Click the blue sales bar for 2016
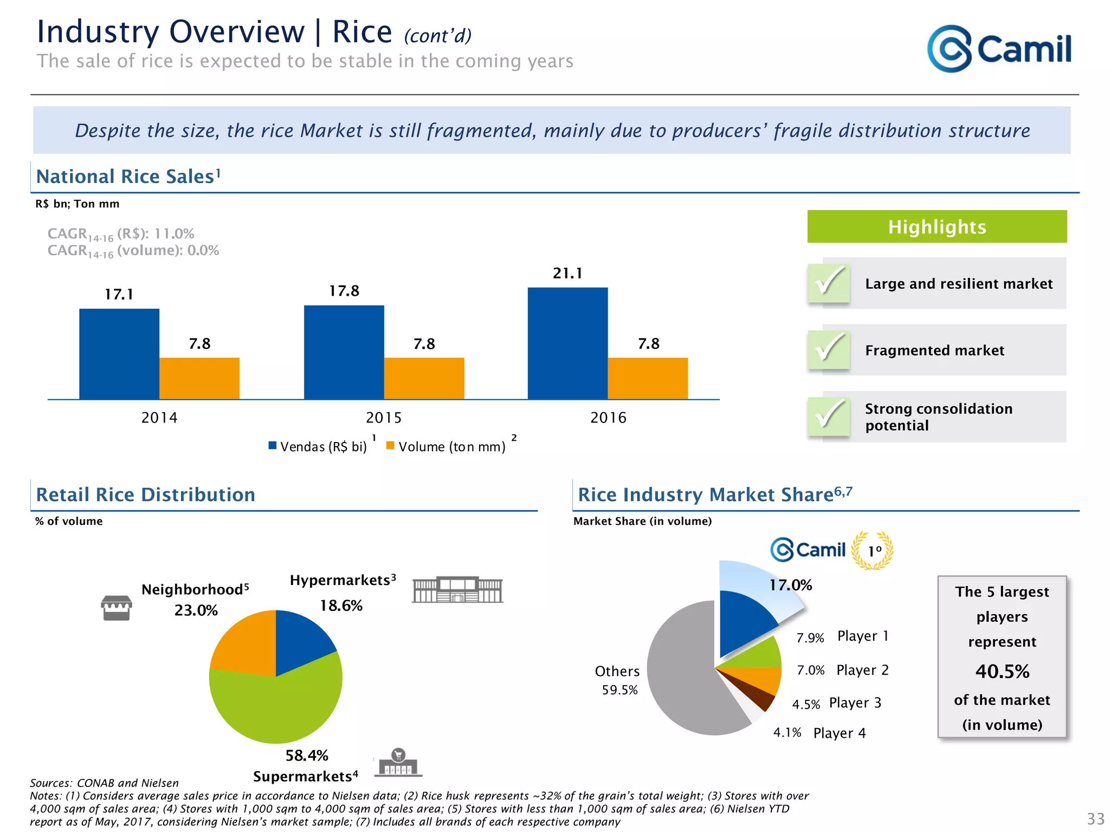pyautogui.click(x=567, y=343)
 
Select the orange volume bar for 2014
pyautogui.click(x=199, y=378)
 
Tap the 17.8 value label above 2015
pyautogui.click(x=344, y=291)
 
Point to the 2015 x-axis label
pyautogui.click(x=384, y=418)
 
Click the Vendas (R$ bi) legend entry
pyautogui.click(x=318, y=446)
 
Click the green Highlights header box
pyautogui.click(x=937, y=226)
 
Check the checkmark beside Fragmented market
pyautogui.click(x=829, y=349)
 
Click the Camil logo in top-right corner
pyautogui.click(x=999, y=49)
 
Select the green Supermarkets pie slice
pyautogui.click(x=282, y=704)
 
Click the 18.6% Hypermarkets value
pyautogui.click(x=341, y=606)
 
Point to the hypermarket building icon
pyautogui.click(x=457, y=590)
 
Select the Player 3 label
pyautogui.click(x=855, y=703)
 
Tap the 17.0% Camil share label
pyautogui.click(x=791, y=585)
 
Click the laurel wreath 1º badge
pyautogui.click(x=873, y=550)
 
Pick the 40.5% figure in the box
pyautogui.click(x=1002, y=672)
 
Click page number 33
pyautogui.click(x=1095, y=818)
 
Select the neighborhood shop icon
pyautogui.click(x=117, y=608)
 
